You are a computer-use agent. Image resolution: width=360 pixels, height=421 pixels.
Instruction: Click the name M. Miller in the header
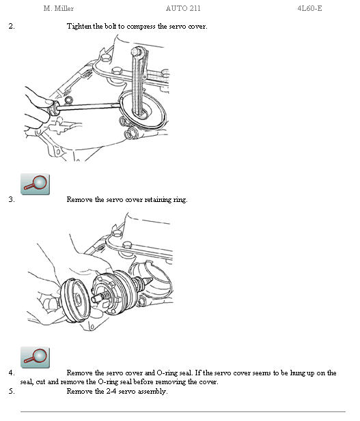[x=58, y=8]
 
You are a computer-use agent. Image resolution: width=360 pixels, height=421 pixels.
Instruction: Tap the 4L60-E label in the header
[x=309, y=8]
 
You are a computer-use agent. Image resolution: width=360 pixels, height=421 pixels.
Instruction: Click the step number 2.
[x=11, y=26]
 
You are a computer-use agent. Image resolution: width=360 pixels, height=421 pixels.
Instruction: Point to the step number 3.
[x=11, y=200]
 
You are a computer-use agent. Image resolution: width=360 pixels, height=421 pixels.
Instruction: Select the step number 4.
[x=11, y=373]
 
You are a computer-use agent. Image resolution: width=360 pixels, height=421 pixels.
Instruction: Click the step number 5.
[x=11, y=391]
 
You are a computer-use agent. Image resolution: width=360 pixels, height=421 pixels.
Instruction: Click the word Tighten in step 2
[x=79, y=26]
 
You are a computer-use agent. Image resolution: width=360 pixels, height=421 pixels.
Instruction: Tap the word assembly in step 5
[x=152, y=391]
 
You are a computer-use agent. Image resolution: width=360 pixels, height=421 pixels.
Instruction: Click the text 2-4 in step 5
[x=121, y=391]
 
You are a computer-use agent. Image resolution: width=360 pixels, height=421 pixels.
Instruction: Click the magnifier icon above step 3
[x=35, y=183]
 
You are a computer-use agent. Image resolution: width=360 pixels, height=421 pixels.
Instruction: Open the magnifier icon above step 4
[x=35, y=357]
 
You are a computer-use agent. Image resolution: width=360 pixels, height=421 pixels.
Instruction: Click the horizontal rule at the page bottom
[x=182, y=411]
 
